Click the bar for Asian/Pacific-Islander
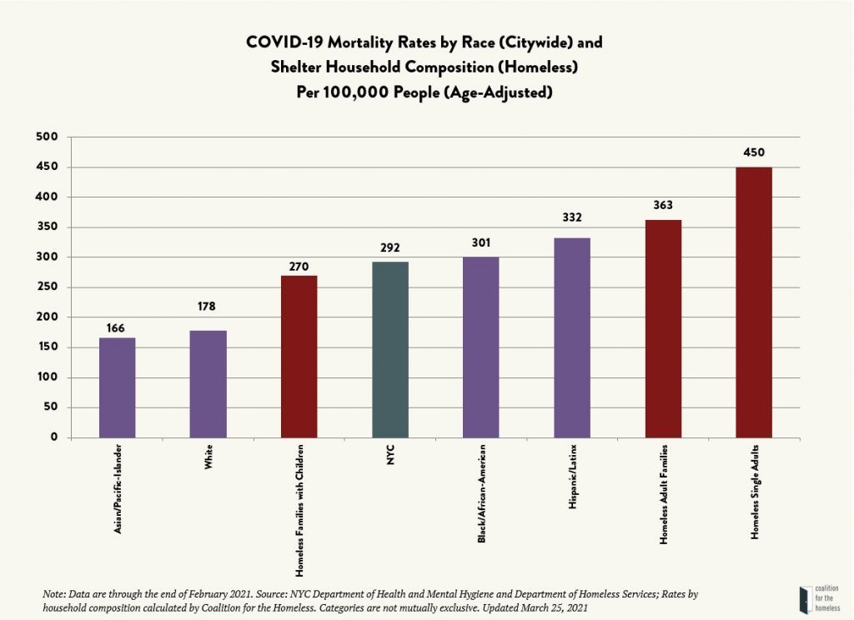pyautogui.click(x=117, y=387)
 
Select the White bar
pyautogui.click(x=208, y=383)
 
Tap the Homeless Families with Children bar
pyautogui.click(x=299, y=357)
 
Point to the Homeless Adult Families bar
pyautogui.click(x=663, y=328)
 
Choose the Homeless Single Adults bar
pyautogui.click(x=754, y=302)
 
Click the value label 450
pyautogui.click(x=754, y=152)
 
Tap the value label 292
pyautogui.click(x=389, y=247)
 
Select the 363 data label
pyautogui.click(x=663, y=205)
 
